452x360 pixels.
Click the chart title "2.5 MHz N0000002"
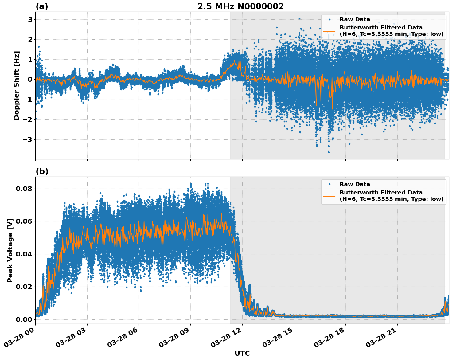coord(240,6)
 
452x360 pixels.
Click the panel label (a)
coord(42,6)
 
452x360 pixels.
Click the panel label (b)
coord(42,171)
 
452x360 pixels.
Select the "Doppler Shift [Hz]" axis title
coord(17,85)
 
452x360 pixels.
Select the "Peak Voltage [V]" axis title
coord(10,250)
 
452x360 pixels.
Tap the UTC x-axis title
coord(242,353)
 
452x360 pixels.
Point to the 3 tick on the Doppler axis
coord(30,19)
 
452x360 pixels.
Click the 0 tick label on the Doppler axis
coord(30,79)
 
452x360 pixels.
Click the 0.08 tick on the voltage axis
coord(24,189)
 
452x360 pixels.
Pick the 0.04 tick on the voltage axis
coord(24,254)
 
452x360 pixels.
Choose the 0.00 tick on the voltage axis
coord(24,319)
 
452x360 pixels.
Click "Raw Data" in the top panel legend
coord(355,19)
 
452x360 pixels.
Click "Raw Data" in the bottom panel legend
coord(355,184)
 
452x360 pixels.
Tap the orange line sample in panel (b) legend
coord(329,196)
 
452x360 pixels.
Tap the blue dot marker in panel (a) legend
coord(329,19)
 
